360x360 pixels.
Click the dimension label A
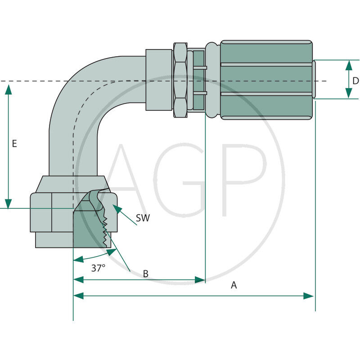tap(234, 285)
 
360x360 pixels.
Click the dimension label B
tap(145, 274)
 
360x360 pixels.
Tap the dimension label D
tap(355, 81)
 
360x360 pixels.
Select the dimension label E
tap(14, 144)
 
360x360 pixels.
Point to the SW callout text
tap(143, 218)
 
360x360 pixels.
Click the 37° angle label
tap(98, 268)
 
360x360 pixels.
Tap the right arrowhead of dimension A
tap(309, 296)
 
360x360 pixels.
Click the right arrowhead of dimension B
tap(200, 280)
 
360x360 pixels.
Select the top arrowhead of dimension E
tap(8, 89)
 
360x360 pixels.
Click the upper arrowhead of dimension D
tap(349, 65)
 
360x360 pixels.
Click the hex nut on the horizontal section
tap(180, 80)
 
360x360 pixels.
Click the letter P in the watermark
tap(245, 180)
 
